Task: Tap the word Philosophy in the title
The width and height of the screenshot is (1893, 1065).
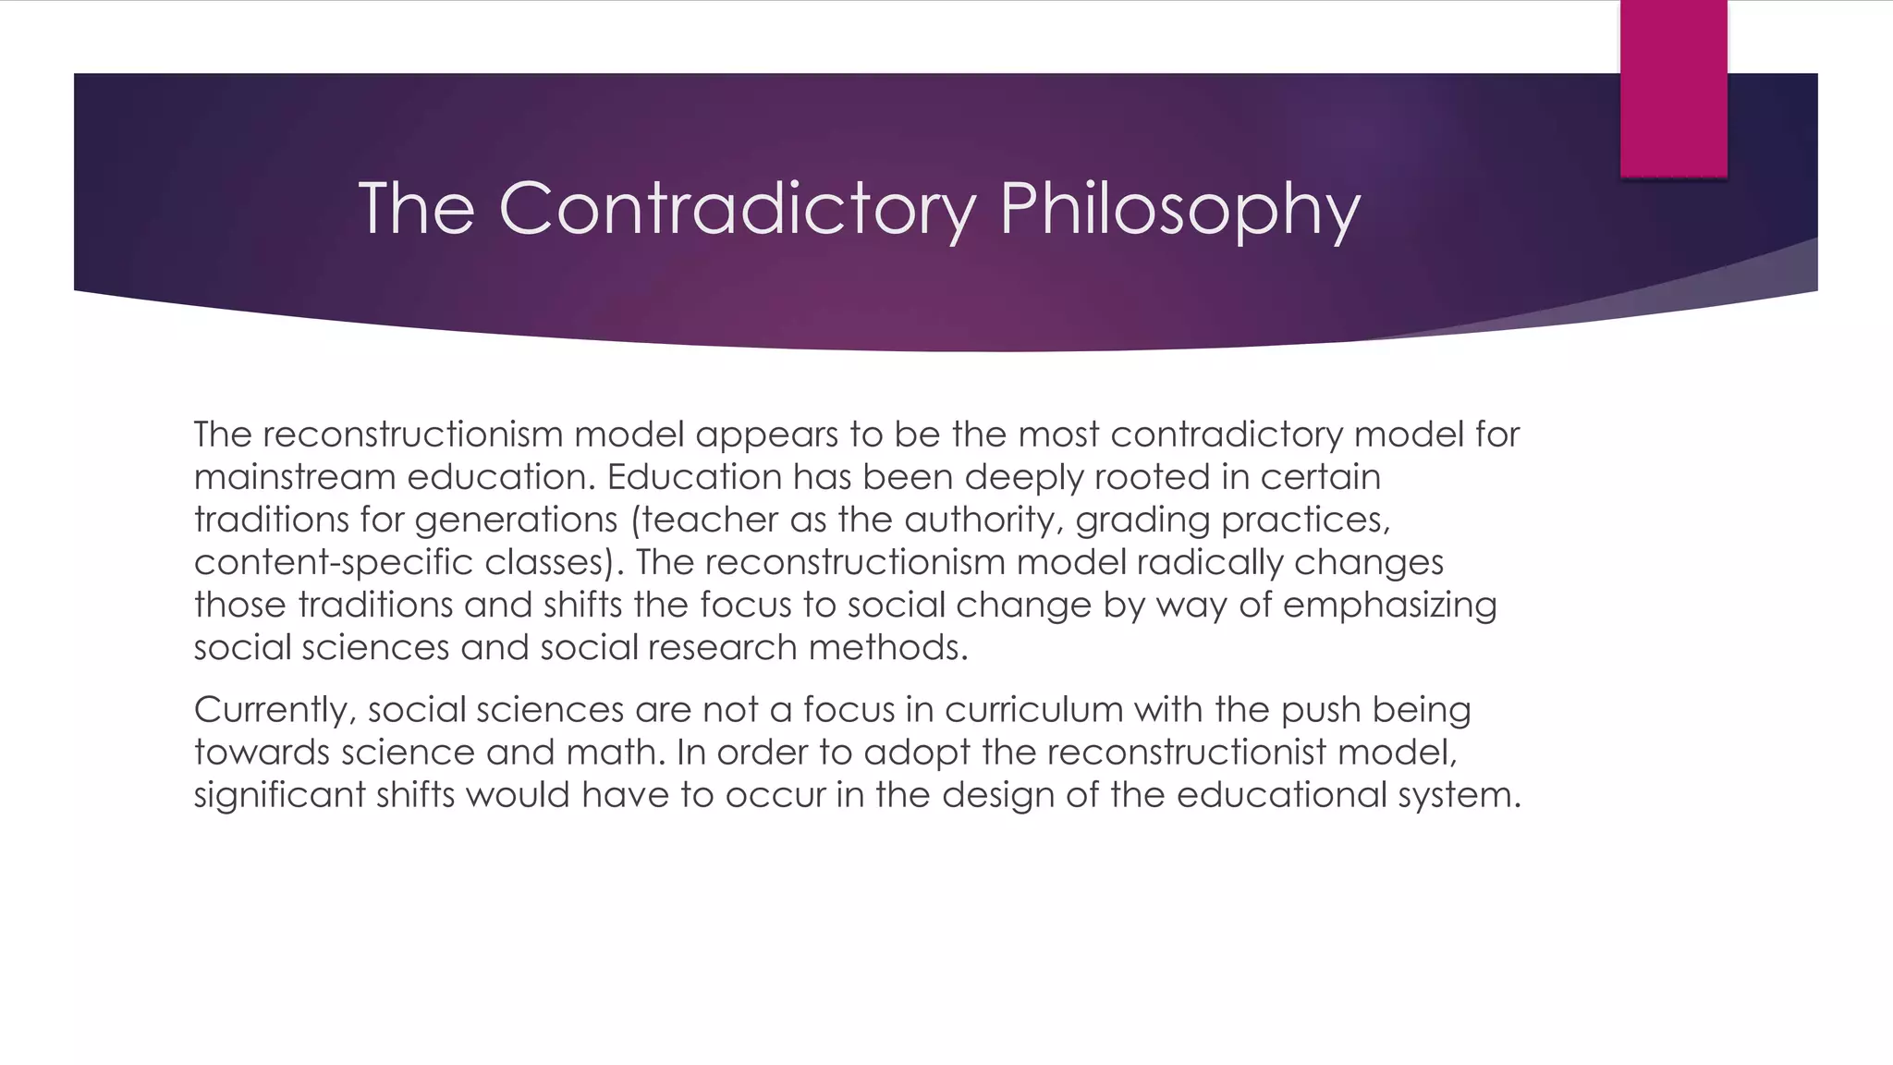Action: pos(1179,211)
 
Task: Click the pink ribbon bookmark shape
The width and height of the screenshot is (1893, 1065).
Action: pos(1673,88)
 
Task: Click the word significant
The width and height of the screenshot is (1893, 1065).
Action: pos(279,796)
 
